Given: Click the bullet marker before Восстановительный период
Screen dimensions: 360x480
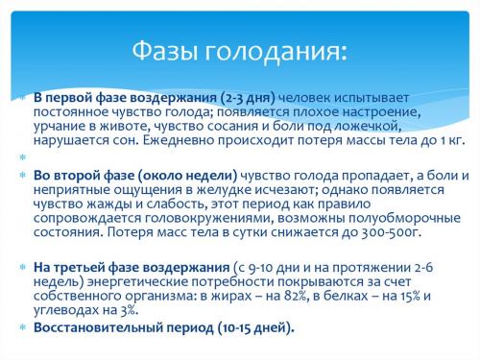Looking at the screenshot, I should click(22, 327).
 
